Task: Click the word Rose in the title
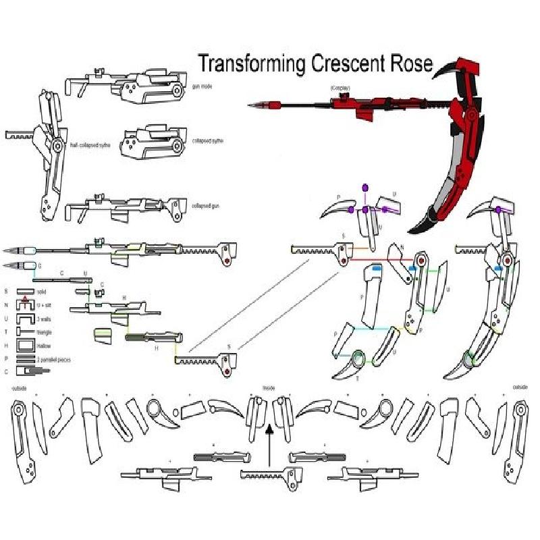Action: click(x=408, y=63)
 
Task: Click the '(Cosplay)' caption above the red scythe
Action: click(x=340, y=88)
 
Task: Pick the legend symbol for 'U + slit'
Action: click(x=26, y=304)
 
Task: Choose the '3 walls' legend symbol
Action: click(x=26, y=317)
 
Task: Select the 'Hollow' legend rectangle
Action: click(x=26, y=346)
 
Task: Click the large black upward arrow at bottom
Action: click(x=269, y=442)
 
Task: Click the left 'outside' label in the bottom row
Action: click(x=18, y=388)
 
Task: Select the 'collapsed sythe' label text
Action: click(x=208, y=141)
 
